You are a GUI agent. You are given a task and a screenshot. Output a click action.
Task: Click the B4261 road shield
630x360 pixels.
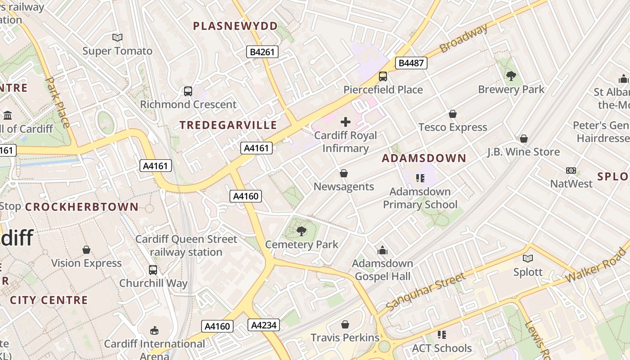click(x=262, y=52)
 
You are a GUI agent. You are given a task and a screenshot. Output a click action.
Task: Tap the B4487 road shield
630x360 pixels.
click(x=411, y=63)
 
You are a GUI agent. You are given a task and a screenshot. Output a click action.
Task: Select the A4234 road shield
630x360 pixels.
click(x=264, y=325)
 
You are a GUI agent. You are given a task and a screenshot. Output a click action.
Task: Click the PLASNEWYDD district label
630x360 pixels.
click(x=235, y=26)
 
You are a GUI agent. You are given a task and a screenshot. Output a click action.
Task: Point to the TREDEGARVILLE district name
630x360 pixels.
click(x=228, y=125)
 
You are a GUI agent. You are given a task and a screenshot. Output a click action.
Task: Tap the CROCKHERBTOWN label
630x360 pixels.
click(x=81, y=207)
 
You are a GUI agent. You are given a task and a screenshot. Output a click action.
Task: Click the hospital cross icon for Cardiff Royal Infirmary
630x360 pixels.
click(x=346, y=122)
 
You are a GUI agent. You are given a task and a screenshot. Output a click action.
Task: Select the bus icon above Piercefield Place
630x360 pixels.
click(x=383, y=76)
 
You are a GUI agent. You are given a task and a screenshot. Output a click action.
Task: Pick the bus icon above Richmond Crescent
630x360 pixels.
click(x=188, y=91)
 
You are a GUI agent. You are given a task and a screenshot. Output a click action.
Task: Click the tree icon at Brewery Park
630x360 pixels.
click(x=511, y=76)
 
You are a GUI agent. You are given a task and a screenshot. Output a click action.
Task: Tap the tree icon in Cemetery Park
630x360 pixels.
click(x=301, y=231)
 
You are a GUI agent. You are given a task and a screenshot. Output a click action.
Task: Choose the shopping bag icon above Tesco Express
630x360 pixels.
click(x=453, y=114)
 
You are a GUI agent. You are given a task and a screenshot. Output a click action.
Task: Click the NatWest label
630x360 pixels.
click(x=571, y=184)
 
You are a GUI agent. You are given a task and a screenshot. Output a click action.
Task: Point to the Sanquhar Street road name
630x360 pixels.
click(x=425, y=292)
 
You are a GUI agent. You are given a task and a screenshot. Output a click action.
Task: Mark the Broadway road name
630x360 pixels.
click(x=463, y=38)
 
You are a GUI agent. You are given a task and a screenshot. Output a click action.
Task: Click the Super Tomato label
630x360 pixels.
click(x=117, y=51)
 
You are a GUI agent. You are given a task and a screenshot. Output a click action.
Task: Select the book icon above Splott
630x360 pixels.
click(x=528, y=258)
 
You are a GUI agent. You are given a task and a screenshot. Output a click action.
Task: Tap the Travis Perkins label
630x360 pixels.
click(x=345, y=337)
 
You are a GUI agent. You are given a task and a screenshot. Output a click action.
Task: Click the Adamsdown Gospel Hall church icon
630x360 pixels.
click(x=382, y=250)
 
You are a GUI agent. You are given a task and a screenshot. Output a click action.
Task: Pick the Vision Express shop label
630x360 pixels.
click(x=86, y=263)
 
